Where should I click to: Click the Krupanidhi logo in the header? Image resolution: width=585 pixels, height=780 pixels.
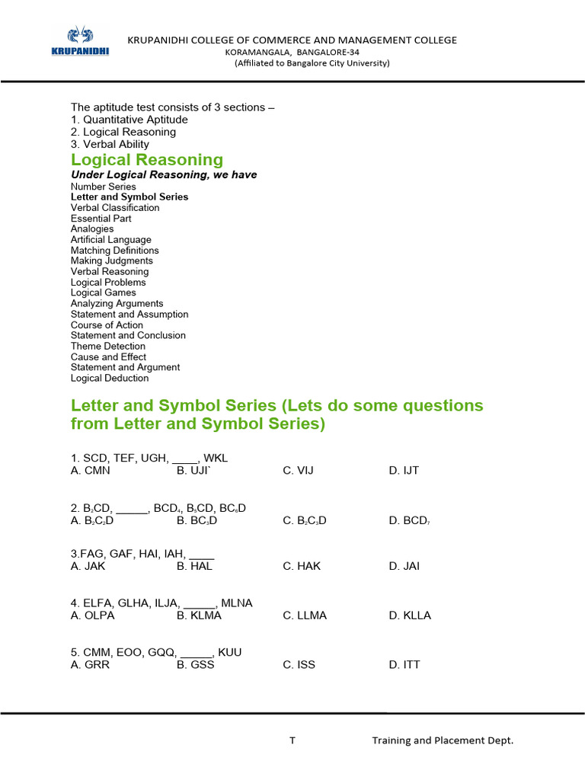click(79, 42)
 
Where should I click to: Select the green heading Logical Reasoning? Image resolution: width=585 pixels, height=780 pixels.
click(147, 160)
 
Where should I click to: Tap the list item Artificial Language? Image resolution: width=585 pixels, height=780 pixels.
click(110, 240)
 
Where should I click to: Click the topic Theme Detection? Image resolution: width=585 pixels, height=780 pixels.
click(107, 346)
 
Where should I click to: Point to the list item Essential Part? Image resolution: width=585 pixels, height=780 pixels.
click(101, 219)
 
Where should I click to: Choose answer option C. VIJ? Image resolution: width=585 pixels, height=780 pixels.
click(298, 471)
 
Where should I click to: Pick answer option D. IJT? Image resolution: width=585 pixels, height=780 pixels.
click(404, 471)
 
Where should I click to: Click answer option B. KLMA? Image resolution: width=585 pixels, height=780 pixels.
click(199, 615)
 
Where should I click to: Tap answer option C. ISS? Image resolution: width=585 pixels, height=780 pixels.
click(299, 665)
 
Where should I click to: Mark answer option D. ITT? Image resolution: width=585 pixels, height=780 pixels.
click(404, 665)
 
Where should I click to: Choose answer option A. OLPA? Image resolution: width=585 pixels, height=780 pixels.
click(92, 615)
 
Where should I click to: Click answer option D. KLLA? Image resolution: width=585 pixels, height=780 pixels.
click(410, 615)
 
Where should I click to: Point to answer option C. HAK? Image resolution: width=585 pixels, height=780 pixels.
click(302, 566)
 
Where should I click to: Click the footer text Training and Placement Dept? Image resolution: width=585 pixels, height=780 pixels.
click(443, 740)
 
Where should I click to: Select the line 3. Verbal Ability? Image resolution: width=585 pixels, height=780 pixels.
click(110, 144)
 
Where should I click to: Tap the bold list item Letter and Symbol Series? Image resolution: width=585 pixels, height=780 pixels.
click(129, 197)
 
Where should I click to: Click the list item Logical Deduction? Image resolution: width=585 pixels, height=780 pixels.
click(110, 378)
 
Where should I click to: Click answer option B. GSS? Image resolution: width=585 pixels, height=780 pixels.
click(196, 665)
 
